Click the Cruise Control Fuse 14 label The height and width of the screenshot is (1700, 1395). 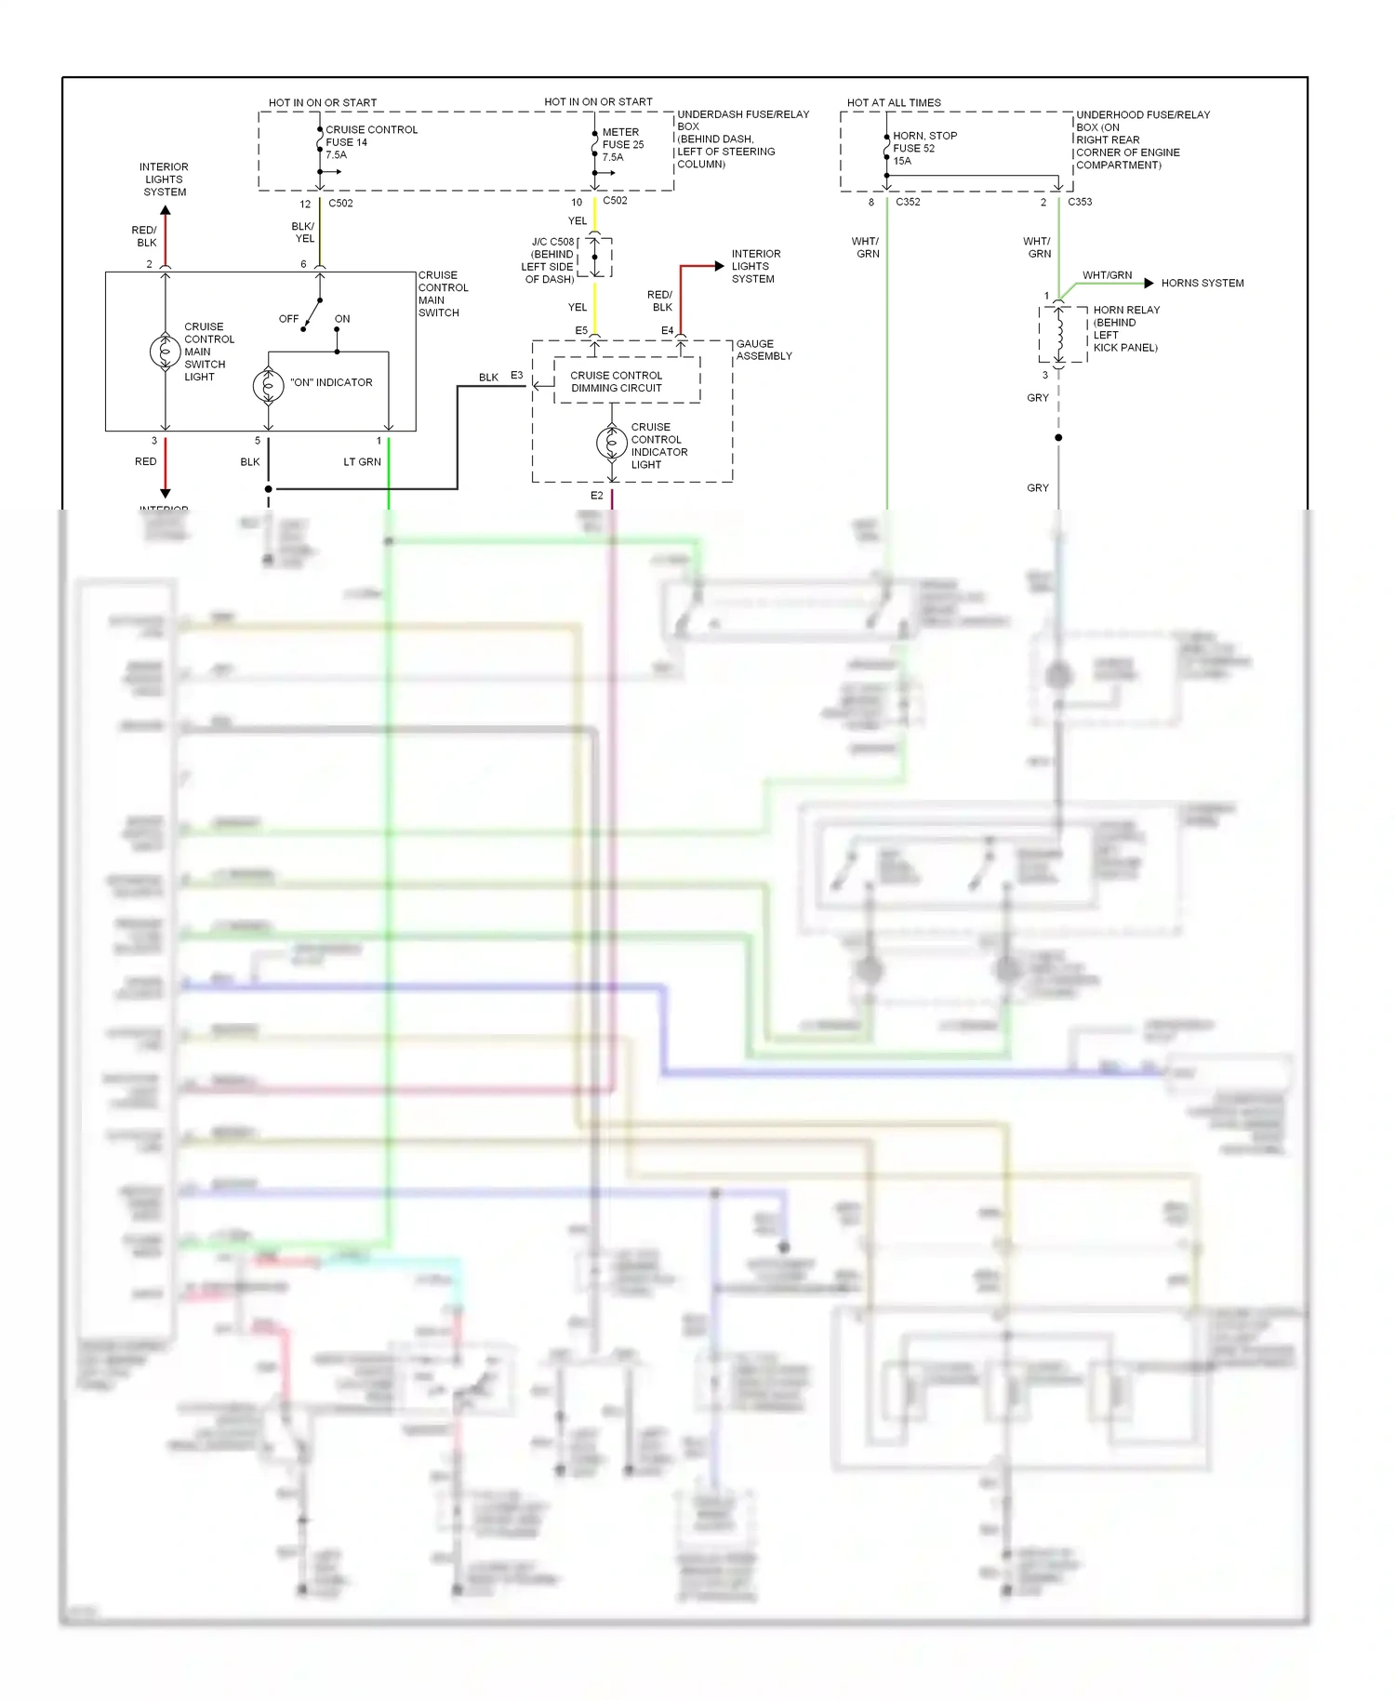370,142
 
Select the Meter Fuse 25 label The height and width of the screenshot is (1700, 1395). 622,144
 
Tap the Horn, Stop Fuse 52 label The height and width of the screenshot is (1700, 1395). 923,148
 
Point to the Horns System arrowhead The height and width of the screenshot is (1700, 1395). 1149,283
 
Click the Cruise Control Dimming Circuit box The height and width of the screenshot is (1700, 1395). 627,381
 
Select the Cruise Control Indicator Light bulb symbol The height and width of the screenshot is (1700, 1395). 611,444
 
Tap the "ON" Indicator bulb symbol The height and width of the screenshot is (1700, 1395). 269,385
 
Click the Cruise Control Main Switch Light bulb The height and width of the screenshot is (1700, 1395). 166,352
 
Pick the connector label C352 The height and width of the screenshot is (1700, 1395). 908,202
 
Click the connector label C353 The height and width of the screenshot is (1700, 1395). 1080,202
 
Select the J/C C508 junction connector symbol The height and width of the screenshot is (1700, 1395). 595,257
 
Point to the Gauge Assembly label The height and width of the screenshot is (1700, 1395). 764,350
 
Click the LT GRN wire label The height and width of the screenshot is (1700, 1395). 362,462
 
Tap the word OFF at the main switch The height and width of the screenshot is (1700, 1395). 288,319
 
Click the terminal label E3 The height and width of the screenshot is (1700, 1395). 516,376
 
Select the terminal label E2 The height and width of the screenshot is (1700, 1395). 596,496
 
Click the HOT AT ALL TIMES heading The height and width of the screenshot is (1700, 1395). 893,102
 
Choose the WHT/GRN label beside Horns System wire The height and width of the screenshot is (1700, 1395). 1107,275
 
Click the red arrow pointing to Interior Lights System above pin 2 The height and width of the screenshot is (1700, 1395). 166,212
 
